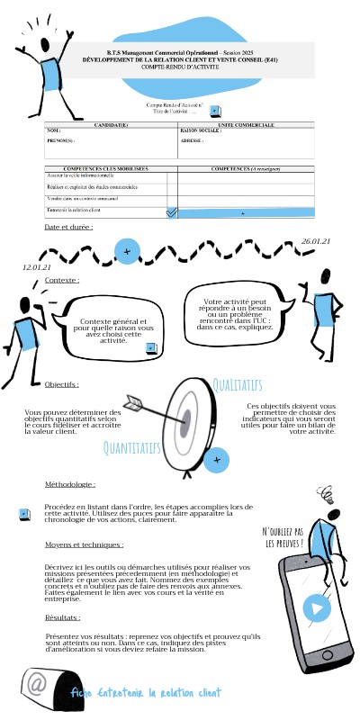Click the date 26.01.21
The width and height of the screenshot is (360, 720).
316,242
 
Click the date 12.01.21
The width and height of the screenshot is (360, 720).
36,266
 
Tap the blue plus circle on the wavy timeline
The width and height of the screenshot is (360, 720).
128,250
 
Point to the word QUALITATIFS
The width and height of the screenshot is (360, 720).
237,385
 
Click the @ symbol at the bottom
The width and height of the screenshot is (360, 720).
37,684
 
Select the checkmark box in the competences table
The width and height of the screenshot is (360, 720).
173,212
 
